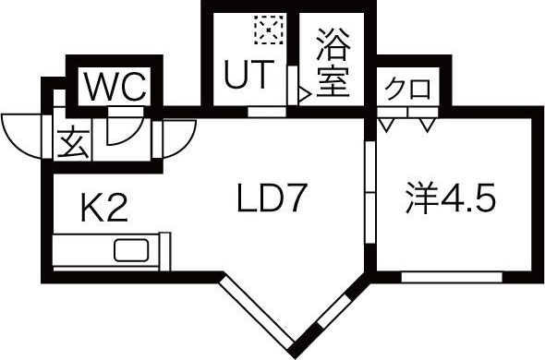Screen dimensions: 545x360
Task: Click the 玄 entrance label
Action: tap(72, 144)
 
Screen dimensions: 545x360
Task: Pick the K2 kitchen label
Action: tap(102, 210)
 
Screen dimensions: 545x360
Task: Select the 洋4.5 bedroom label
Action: tap(450, 198)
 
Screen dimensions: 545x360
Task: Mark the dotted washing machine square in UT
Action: tap(268, 30)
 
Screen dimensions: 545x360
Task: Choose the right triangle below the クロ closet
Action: tap(427, 123)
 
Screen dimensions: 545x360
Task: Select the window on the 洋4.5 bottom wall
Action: tap(452, 276)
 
